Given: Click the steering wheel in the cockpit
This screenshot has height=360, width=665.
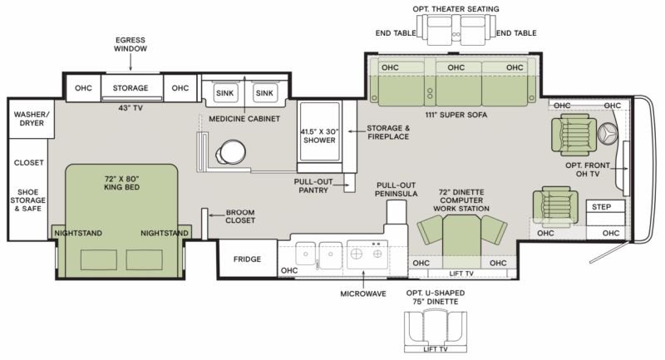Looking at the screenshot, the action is click(x=608, y=134).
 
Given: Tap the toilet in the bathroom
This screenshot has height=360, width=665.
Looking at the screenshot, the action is click(x=231, y=152).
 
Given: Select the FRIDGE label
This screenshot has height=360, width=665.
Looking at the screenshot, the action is click(x=247, y=259).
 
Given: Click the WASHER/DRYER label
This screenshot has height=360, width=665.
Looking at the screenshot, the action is click(x=32, y=119).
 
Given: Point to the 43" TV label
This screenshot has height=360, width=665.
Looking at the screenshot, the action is click(x=131, y=108).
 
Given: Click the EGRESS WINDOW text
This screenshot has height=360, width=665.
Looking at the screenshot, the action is click(x=131, y=45).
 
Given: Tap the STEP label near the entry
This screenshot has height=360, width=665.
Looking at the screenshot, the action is click(x=601, y=207).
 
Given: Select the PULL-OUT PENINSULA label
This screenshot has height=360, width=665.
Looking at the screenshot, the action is click(x=397, y=190).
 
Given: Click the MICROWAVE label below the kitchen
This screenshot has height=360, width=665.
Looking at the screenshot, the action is click(x=363, y=293).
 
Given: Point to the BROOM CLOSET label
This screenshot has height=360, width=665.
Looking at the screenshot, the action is click(x=240, y=216).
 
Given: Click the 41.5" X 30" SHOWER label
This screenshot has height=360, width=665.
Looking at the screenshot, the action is click(x=319, y=136).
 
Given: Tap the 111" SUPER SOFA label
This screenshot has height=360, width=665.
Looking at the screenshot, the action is click(x=456, y=115).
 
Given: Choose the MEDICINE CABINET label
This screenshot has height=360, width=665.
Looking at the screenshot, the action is click(x=244, y=119).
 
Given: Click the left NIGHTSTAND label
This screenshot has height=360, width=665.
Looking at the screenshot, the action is click(x=78, y=234).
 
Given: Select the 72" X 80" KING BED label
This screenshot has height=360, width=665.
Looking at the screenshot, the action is click(x=121, y=183).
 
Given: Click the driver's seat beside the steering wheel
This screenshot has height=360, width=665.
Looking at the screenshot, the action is click(x=571, y=135).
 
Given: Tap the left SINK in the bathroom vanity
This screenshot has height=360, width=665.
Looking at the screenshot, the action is click(x=224, y=93).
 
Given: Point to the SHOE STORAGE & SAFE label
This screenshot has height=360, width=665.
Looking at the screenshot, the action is click(x=28, y=200).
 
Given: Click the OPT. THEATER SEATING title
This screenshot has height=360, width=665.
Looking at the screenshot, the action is click(x=456, y=9).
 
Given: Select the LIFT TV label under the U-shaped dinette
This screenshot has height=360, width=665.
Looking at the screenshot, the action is click(x=436, y=349).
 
